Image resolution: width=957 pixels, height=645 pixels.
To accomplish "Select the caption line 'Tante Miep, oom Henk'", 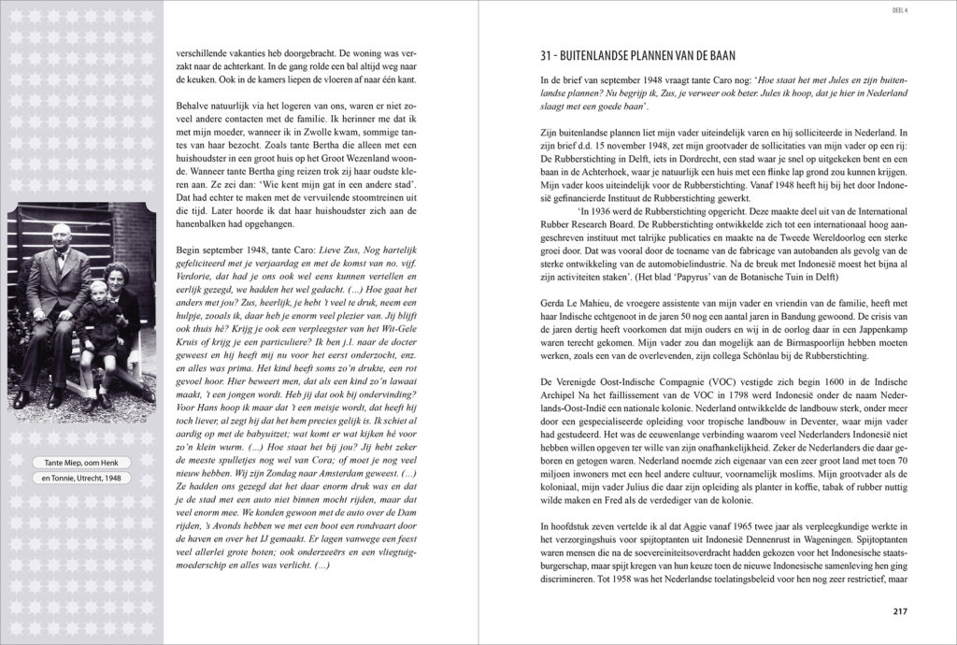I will point(81,465).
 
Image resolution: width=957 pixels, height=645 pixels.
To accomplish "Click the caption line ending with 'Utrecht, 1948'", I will point(81,480).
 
